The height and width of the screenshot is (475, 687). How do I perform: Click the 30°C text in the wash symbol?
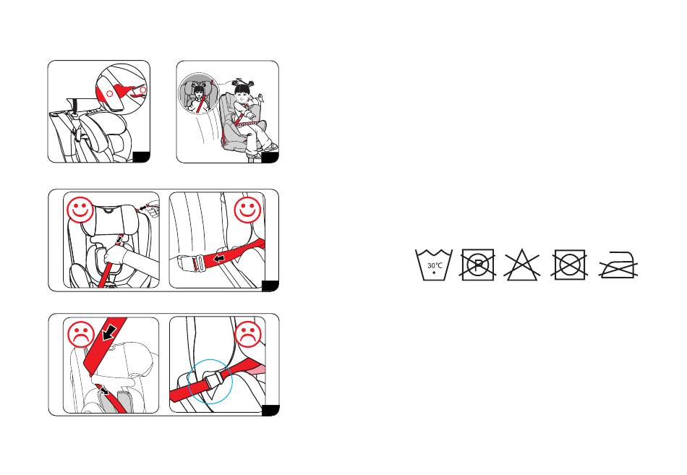pyautogui.click(x=435, y=265)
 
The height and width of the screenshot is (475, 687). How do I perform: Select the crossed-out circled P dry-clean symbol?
pyautogui.click(x=477, y=265)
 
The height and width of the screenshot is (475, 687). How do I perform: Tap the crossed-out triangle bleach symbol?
pyautogui.click(x=521, y=265)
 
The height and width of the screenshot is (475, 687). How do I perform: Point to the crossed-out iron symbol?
pyautogui.click(x=618, y=265)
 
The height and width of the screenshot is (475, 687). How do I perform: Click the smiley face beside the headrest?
pyautogui.click(x=80, y=210)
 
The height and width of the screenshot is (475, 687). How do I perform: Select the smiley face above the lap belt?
pyautogui.click(x=247, y=210)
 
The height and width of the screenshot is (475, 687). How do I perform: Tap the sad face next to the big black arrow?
pyautogui.click(x=81, y=335)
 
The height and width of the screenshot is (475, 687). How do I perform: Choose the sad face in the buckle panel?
pyautogui.click(x=249, y=335)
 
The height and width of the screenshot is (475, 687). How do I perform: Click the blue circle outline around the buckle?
pyautogui.click(x=189, y=381)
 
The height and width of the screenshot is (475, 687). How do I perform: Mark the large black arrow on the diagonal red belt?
pyautogui.click(x=108, y=333)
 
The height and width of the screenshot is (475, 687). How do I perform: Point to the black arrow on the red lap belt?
pyautogui.click(x=219, y=259)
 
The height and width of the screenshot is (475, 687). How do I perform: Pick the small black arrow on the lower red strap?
pyautogui.click(x=104, y=390)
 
